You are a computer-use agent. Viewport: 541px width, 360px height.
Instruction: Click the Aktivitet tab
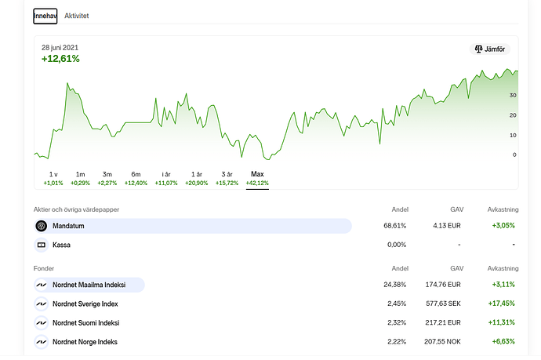[77, 16]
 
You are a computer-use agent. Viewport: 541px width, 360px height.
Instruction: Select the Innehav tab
[45, 16]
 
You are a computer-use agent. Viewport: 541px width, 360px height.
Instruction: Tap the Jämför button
[489, 49]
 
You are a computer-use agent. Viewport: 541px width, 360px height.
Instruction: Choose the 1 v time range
[53, 177]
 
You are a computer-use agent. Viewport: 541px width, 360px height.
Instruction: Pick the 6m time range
[136, 177]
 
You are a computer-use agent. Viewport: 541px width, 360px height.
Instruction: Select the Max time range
[257, 177]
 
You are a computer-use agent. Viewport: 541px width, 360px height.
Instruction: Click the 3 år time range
[227, 177]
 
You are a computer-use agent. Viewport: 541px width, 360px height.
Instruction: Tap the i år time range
[166, 177]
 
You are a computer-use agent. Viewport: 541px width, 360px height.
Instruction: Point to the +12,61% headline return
[60, 59]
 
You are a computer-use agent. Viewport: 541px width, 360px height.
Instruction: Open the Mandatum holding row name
[68, 226]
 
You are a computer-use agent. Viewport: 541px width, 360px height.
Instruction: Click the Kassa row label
[62, 245]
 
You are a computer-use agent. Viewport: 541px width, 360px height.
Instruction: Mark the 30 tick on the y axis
[513, 95]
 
